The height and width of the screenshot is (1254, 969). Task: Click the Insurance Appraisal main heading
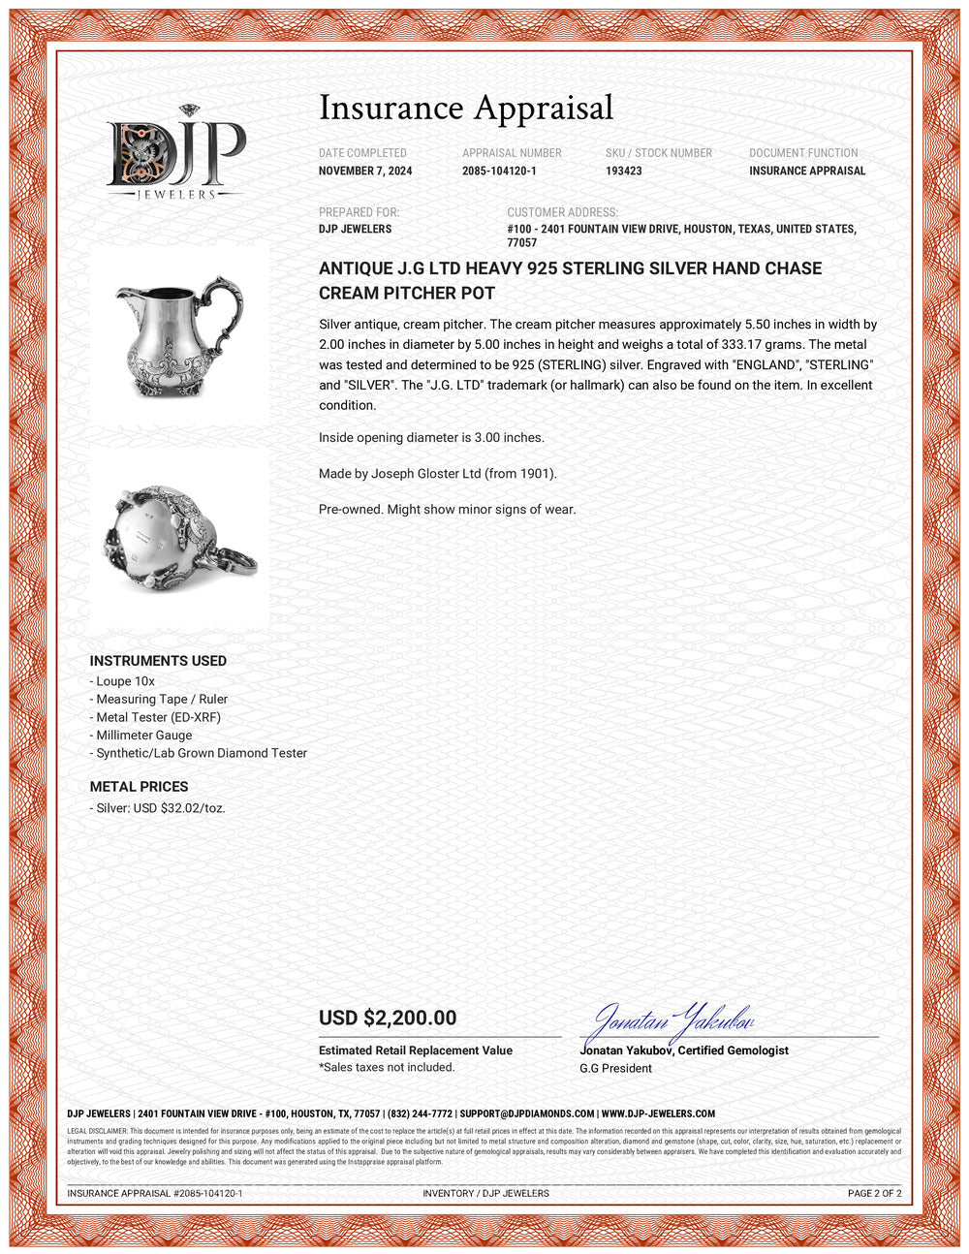(466, 108)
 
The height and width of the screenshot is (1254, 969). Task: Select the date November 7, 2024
(365, 171)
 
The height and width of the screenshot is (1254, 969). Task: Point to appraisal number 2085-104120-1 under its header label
(499, 171)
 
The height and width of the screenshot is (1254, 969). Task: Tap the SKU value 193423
(624, 171)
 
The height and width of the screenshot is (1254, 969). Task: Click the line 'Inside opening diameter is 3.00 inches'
(431, 437)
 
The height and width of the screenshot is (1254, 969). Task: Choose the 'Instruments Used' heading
(158, 661)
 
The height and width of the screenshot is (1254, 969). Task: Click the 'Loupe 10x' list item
(125, 681)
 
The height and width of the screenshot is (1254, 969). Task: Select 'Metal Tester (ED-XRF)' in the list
(158, 717)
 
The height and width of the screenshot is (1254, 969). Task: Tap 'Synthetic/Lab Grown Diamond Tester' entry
(201, 753)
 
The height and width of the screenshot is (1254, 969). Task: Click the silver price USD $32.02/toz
(160, 807)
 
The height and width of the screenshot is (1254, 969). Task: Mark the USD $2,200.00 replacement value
(388, 1018)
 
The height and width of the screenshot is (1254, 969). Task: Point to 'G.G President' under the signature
(615, 1068)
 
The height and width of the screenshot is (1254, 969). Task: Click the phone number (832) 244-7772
(420, 1113)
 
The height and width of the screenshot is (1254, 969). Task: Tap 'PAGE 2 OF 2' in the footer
(874, 1193)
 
